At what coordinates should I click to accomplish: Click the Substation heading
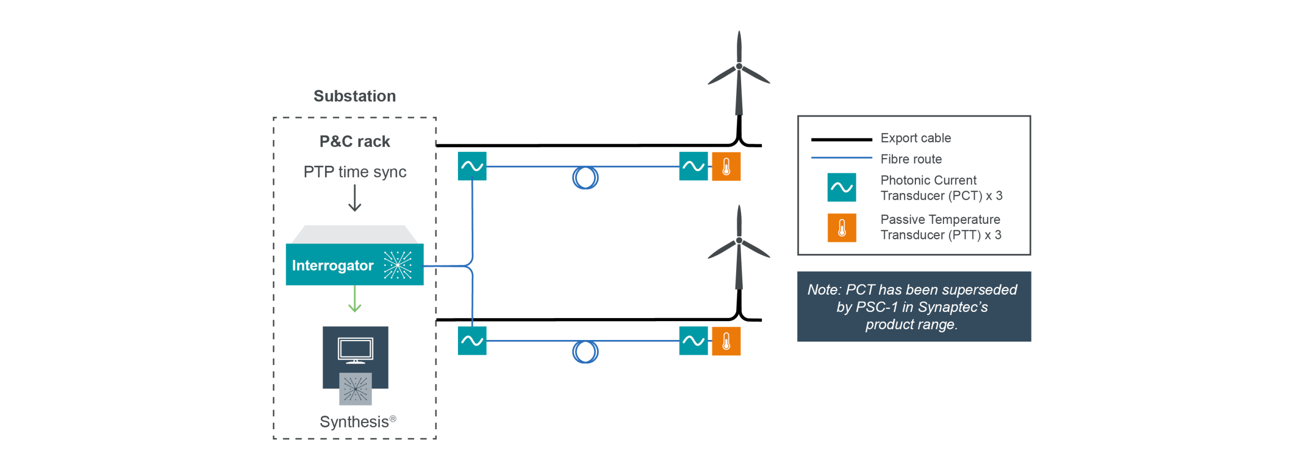pyautogui.click(x=355, y=96)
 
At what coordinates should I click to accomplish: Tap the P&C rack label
pyautogui.click(x=355, y=141)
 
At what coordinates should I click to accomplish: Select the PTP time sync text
pyautogui.click(x=355, y=172)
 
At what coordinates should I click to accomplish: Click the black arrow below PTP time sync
pyautogui.click(x=355, y=198)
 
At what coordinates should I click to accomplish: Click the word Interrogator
pyautogui.click(x=333, y=266)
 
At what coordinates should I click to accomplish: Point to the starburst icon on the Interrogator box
pyautogui.click(x=397, y=265)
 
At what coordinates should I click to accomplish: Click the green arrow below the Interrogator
pyautogui.click(x=355, y=299)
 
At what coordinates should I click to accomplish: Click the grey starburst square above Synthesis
pyautogui.click(x=356, y=389)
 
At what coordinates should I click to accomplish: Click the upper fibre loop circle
pyautogui.click(x=585, y=178)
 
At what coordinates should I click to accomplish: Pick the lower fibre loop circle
pyautogui.click(x=585, y=352)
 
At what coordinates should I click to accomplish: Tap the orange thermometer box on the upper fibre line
pyautogui.click(x=726, y=166)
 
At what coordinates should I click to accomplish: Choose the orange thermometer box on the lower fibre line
pyautogui.click(x=726, y=341)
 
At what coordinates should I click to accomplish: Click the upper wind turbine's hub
pyautogui.click(x=739, y=67)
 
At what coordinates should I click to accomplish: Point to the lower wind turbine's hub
pyautogui.click(x=739, y=241)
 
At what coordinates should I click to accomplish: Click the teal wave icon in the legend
pyautogui.click(x=841, y=188)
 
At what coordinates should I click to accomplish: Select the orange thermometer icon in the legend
pyautogui.click(x=841, y=227)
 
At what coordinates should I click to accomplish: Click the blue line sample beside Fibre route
pyautogui.click(x=841, y=158)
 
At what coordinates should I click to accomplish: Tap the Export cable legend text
pyautogui.click(x=915, y=138)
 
